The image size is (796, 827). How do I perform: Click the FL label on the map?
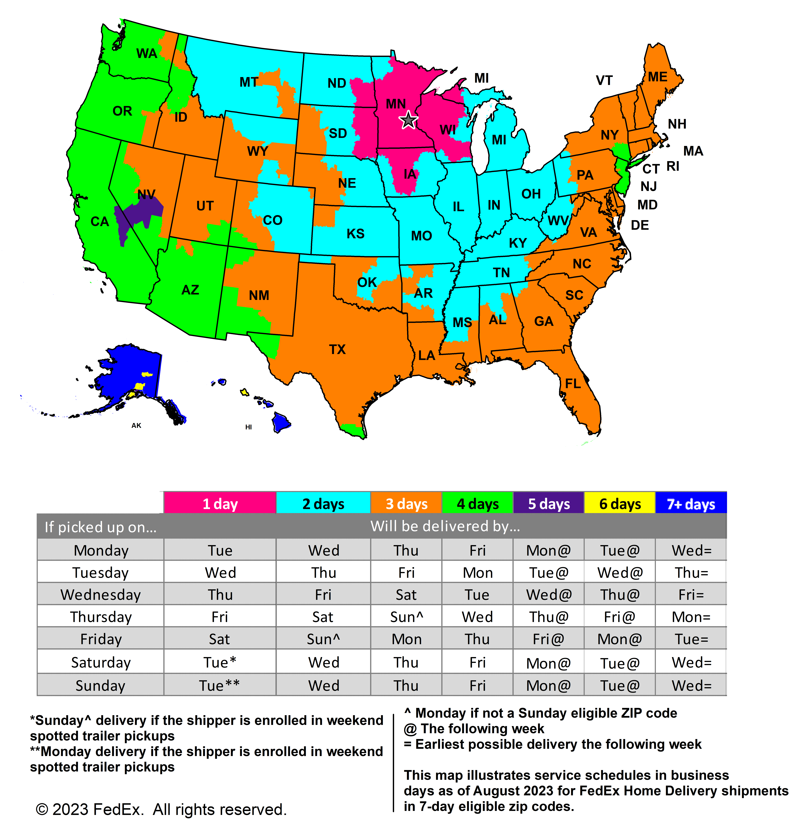pos(572,384)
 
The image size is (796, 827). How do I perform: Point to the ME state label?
pos(657,77)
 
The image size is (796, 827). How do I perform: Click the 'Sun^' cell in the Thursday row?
pos(406,617)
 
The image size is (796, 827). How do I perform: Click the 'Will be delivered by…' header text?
pos(445,526)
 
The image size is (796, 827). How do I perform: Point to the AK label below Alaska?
pos(136,425)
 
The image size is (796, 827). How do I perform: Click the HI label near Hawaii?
pos(248,427)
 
